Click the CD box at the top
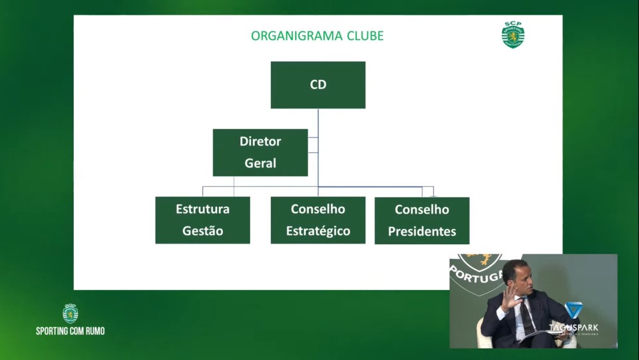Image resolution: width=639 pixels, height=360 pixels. coord(318,85)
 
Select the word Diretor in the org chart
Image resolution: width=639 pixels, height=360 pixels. coord(260,141)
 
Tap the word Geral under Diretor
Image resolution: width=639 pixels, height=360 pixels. coord(260,163)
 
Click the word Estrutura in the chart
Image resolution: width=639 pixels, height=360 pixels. coord(202,209)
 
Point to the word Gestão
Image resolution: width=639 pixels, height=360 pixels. coord(202,232)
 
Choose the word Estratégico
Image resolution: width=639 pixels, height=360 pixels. coord(318,232)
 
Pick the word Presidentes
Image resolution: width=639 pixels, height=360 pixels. coord(422,232)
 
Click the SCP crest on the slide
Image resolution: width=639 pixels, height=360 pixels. coord(513,35)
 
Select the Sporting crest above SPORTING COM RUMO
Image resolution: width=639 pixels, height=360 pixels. coord(70,313)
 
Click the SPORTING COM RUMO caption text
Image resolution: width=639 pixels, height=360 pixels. coord(70,331)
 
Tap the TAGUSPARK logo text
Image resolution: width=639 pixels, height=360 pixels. coord(573,327)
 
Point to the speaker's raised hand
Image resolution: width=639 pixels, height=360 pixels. coord(510,297)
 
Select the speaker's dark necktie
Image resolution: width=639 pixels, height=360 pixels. coord(525,317)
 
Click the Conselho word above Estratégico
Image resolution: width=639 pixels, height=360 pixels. coord(318,209)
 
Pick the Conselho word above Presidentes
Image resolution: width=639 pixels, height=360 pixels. coord(422,210)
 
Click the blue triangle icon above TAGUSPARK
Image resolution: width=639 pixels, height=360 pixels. coord(573,310)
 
